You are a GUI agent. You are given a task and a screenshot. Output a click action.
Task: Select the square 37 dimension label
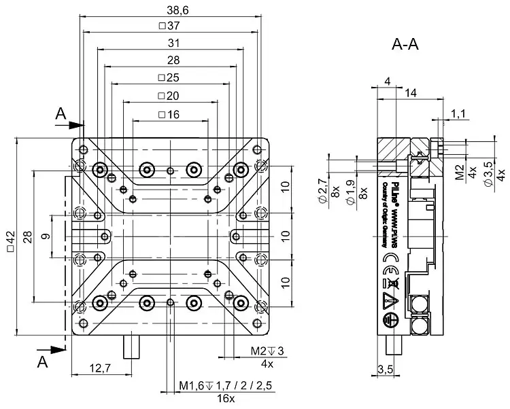(169, 26)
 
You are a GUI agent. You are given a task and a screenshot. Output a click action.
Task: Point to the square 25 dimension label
(169, 78)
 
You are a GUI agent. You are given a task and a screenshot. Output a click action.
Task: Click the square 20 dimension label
(169, 96)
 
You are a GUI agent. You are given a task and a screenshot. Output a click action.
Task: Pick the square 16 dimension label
(169, 114)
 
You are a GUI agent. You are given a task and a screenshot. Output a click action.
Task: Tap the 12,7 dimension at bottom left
(99, 368)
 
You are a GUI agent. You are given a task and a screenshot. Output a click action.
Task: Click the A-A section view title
(405, 45)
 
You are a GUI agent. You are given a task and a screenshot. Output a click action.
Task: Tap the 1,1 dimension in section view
(458, 114)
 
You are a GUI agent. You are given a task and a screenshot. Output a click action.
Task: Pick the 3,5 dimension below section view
(385, 369)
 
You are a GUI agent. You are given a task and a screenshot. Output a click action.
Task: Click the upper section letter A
(61, 115)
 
